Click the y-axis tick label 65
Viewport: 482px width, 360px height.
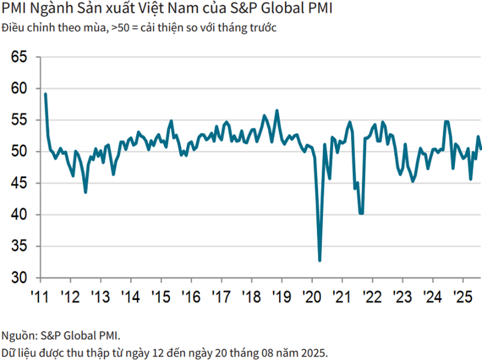pyautogui.click(x=20, y=57)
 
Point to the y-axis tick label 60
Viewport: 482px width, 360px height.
pyautogui.click(x=20, y=88)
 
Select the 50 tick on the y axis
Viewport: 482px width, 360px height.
pyautogui.click(x=20, y=151)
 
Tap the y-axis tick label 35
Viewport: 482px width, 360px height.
pyautogui.click(x=20, y=246)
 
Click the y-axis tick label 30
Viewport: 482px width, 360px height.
pyautogui.click(x=20, y=278)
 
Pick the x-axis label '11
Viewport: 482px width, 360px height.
pyautogui.click(x=40, y=297)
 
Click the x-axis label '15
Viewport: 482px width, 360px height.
pyautogui.click(x=160, y=297)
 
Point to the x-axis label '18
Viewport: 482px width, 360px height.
pyautogui.click(x=251, y=297)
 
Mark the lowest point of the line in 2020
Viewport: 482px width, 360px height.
pyautogui.click(x=319, y=261)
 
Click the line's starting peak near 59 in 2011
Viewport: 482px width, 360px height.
pyautogui.click(x=46, y=94)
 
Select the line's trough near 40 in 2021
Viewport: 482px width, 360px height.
pyautogui.click(x=361, y=213)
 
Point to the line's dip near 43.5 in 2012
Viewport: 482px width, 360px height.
pyautogui.click(x=86, y=192)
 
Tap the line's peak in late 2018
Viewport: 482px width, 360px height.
pyautogui.click(x=277, y=111)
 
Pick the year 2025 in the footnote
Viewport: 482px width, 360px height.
pyautogui.click(x=315, y=352)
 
